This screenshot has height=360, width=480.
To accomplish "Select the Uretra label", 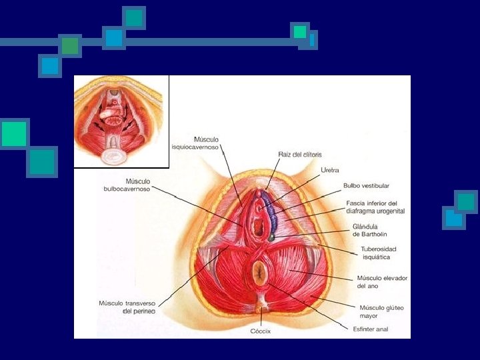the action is pos(330,171).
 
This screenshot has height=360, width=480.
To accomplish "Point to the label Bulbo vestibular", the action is pos(366,185).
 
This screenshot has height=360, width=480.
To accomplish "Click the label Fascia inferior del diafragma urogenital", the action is pos(375,207).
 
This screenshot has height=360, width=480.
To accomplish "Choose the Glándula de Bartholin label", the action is pos(369,230).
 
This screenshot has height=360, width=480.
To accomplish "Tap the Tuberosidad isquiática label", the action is pos(375,253).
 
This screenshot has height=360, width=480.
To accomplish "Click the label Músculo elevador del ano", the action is pos(381,281).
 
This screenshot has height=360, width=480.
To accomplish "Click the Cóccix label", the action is pos(261,331).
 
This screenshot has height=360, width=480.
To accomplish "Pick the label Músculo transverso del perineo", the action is pos(127,307).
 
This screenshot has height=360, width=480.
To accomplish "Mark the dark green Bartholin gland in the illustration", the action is pos(272,236).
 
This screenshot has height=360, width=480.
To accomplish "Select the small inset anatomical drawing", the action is pos(121,121).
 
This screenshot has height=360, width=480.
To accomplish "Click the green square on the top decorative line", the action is pos(69,45).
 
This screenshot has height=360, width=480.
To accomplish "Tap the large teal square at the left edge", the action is pos(14,134).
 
